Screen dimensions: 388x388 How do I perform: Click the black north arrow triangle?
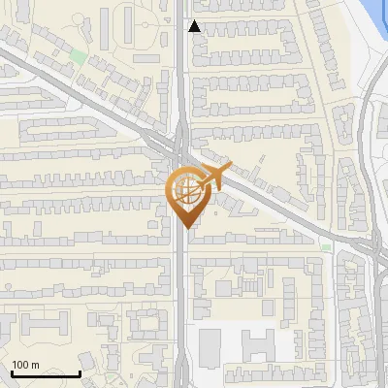pos(194,26)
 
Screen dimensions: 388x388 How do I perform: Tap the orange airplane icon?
pos(215,177)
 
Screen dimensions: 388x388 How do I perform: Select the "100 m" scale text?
pos(25,366)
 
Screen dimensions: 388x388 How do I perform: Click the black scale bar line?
pos(46,374)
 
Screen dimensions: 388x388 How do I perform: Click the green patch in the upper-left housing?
pos(77,55)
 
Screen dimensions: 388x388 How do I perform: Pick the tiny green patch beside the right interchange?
pos(326,247)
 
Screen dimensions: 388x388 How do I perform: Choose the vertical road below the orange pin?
pos(182,301)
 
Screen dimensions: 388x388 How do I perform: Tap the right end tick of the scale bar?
pos(80,372)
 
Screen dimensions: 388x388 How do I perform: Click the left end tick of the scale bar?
pos(12,372)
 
